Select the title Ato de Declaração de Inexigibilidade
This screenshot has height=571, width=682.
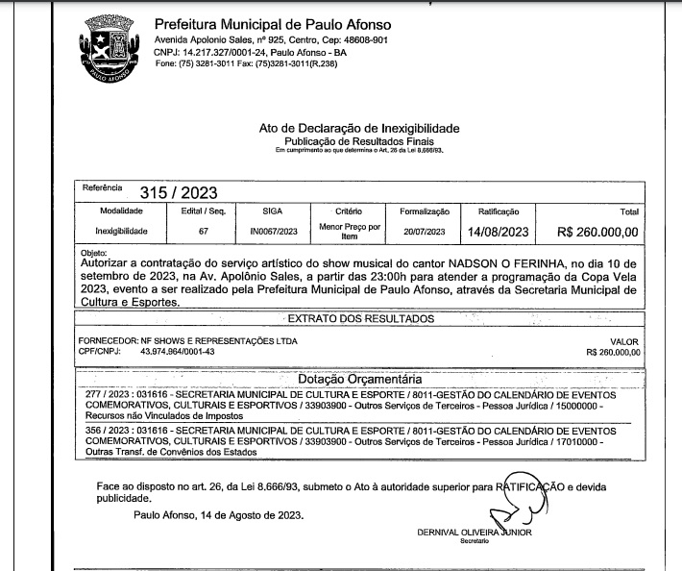pos(359,129)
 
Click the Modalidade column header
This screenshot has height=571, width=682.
pos(120,210)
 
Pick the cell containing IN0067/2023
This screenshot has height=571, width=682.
pos(272,232)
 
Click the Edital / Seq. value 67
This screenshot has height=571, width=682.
pos(204,232)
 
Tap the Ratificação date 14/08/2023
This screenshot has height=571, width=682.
pos(499,232)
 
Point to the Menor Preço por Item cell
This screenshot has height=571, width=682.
pos(350,231)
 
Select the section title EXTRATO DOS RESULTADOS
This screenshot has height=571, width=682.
pos(361,318)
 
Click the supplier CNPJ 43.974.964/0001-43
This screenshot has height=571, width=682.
pos(178,352)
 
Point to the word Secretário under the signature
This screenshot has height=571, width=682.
pos(475,540)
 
